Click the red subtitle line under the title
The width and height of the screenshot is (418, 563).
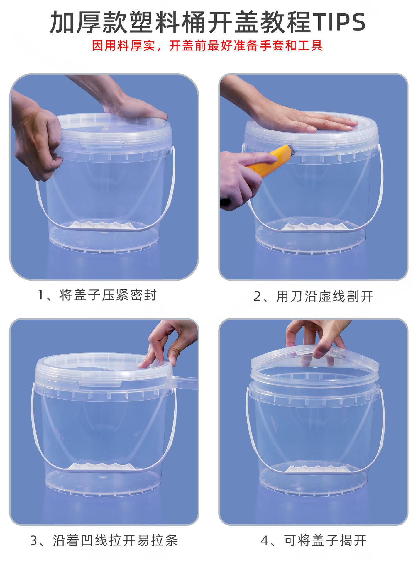(207, 46)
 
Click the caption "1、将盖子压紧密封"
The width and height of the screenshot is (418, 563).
(97, 295)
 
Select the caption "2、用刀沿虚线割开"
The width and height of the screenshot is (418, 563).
(314, 296)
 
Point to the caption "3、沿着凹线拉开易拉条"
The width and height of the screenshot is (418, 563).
(104, 540)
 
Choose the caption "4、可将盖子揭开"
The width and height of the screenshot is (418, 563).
(314, 540)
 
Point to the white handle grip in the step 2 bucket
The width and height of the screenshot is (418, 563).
(314, 227)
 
